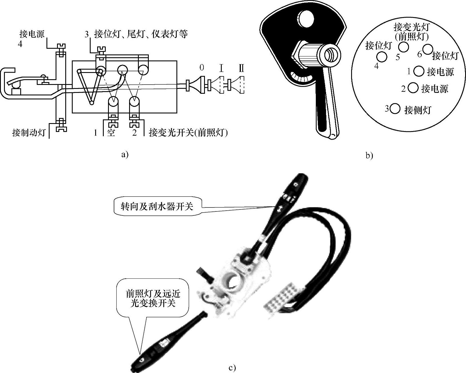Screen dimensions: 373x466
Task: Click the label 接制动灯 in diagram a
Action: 29,133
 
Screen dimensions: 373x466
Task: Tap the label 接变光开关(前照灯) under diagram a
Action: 188,133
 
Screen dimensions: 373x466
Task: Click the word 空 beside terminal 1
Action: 111,133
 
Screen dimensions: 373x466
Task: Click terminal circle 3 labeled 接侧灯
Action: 395,109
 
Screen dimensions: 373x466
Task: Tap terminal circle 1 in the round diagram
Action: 419,71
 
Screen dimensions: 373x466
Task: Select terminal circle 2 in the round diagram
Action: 413,88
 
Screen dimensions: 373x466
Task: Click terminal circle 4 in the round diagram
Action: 382,57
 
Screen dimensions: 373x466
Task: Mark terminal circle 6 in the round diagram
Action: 427,49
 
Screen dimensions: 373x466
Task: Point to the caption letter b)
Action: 369,156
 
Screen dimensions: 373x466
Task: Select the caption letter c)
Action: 232,368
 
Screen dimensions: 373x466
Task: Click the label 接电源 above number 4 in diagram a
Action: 32,34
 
